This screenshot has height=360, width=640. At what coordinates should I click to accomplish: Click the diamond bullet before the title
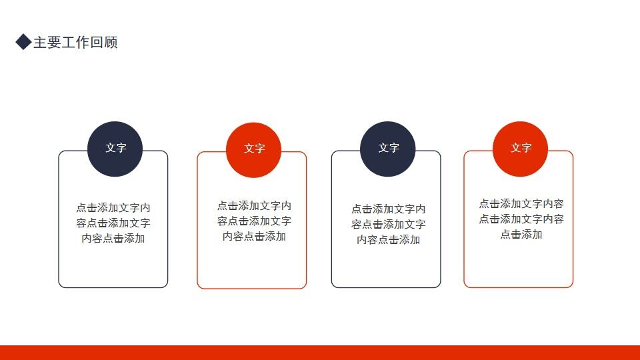[23, 43]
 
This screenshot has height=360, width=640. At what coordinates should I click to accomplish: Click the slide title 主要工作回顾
[75, 43]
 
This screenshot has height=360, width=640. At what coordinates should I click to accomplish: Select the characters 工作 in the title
[75, 43]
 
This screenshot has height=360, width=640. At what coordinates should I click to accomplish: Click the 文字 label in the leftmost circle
[115, 148]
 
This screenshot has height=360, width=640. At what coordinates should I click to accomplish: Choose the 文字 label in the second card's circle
[254, 149]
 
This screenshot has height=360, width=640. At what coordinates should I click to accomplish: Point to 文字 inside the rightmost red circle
[521, 148]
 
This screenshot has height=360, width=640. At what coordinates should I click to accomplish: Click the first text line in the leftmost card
[113, 207]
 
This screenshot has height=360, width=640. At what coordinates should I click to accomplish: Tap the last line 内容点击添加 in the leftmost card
[113, 238]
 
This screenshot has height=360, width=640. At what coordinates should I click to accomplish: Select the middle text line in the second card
[254, 221]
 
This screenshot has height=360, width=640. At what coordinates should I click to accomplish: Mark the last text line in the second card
[254, 236]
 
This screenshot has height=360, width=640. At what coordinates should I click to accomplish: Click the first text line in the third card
[389, 209]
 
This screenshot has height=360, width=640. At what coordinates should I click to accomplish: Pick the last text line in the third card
[389, 239]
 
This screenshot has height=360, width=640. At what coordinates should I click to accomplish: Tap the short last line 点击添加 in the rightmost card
[521, 234]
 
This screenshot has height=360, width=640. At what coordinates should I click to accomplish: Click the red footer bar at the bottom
[320, 353]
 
